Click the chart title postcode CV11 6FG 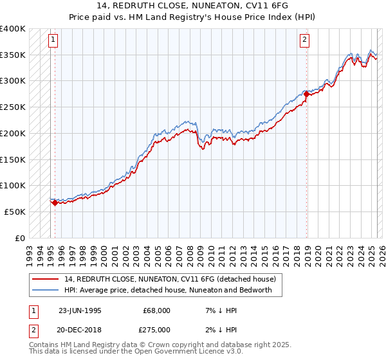(x=262, y=6)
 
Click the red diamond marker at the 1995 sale (x=55, y=203)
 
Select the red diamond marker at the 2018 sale (x=306, y=94)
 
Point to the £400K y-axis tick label (x=13, y=29)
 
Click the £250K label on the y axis (x=13, y=107)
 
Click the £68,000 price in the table (x=157, y=310)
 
